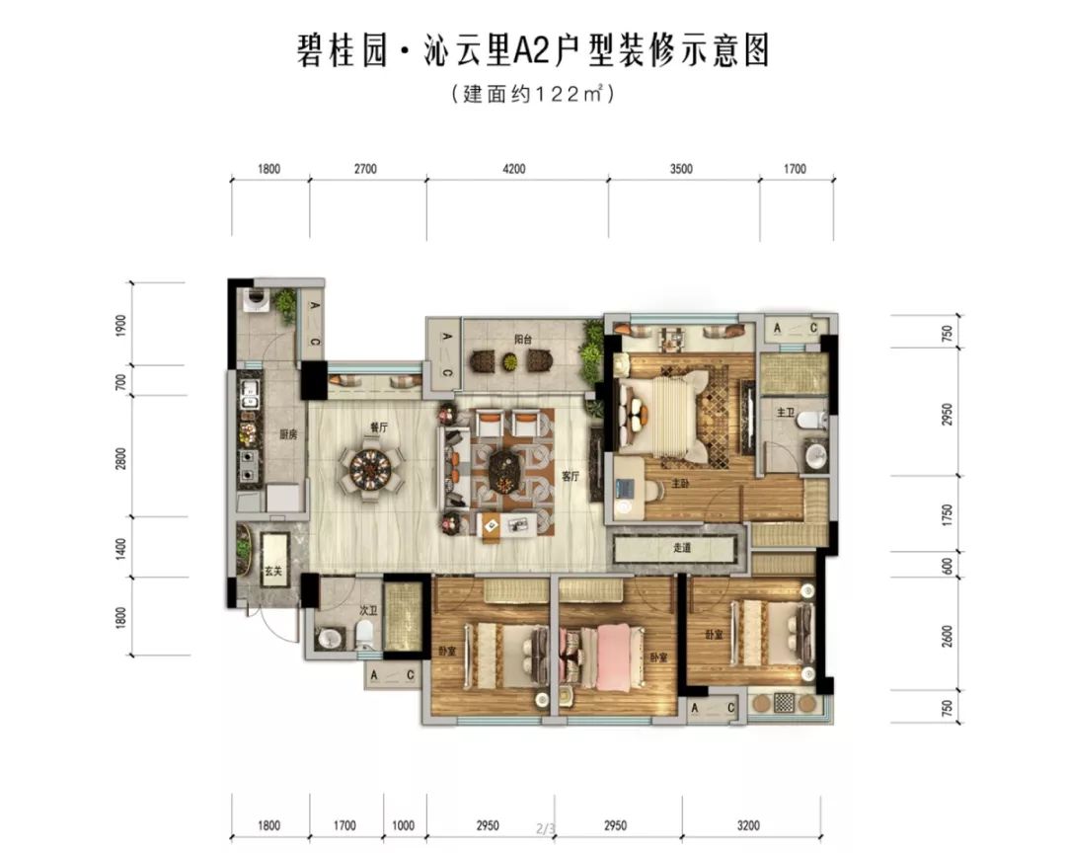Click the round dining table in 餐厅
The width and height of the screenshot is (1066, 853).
point(371,471)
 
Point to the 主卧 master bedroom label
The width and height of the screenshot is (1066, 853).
point(681,483)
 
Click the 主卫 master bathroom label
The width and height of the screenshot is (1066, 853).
point(786,412)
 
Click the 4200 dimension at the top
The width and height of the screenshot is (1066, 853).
point(514,169)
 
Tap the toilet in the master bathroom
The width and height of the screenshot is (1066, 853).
point(811,420)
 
